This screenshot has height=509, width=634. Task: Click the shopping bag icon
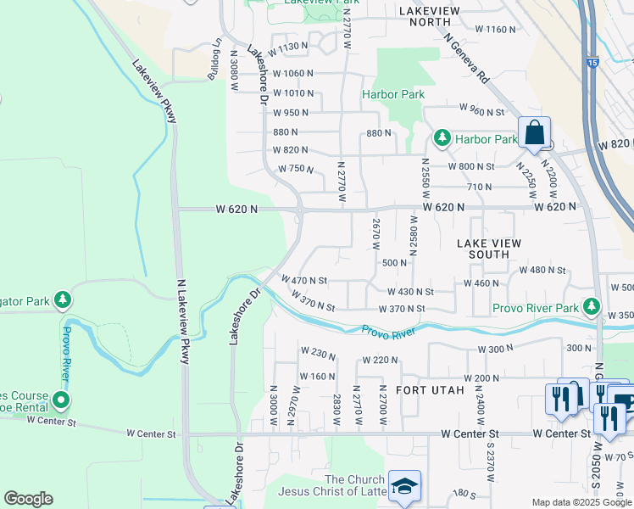[x=534, y=132]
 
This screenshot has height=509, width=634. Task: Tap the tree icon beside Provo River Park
[x=592, y=307]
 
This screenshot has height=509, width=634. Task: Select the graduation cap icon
[x=404, y=485]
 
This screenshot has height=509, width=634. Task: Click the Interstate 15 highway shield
[x=591, y=62]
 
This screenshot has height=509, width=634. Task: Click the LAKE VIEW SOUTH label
[x=501, y=249]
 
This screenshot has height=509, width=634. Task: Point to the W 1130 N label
[x=286, y=47]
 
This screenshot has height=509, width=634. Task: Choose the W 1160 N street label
[x=495, y=29]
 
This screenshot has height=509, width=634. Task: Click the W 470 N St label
[x=303, y=280]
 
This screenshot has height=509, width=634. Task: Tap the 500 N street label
[x=395, y=263]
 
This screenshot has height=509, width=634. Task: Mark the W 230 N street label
[x=318, y=351]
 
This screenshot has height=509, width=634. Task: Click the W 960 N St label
[x=481, y=109]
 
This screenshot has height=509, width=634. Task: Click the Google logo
[x=28, y=498]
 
